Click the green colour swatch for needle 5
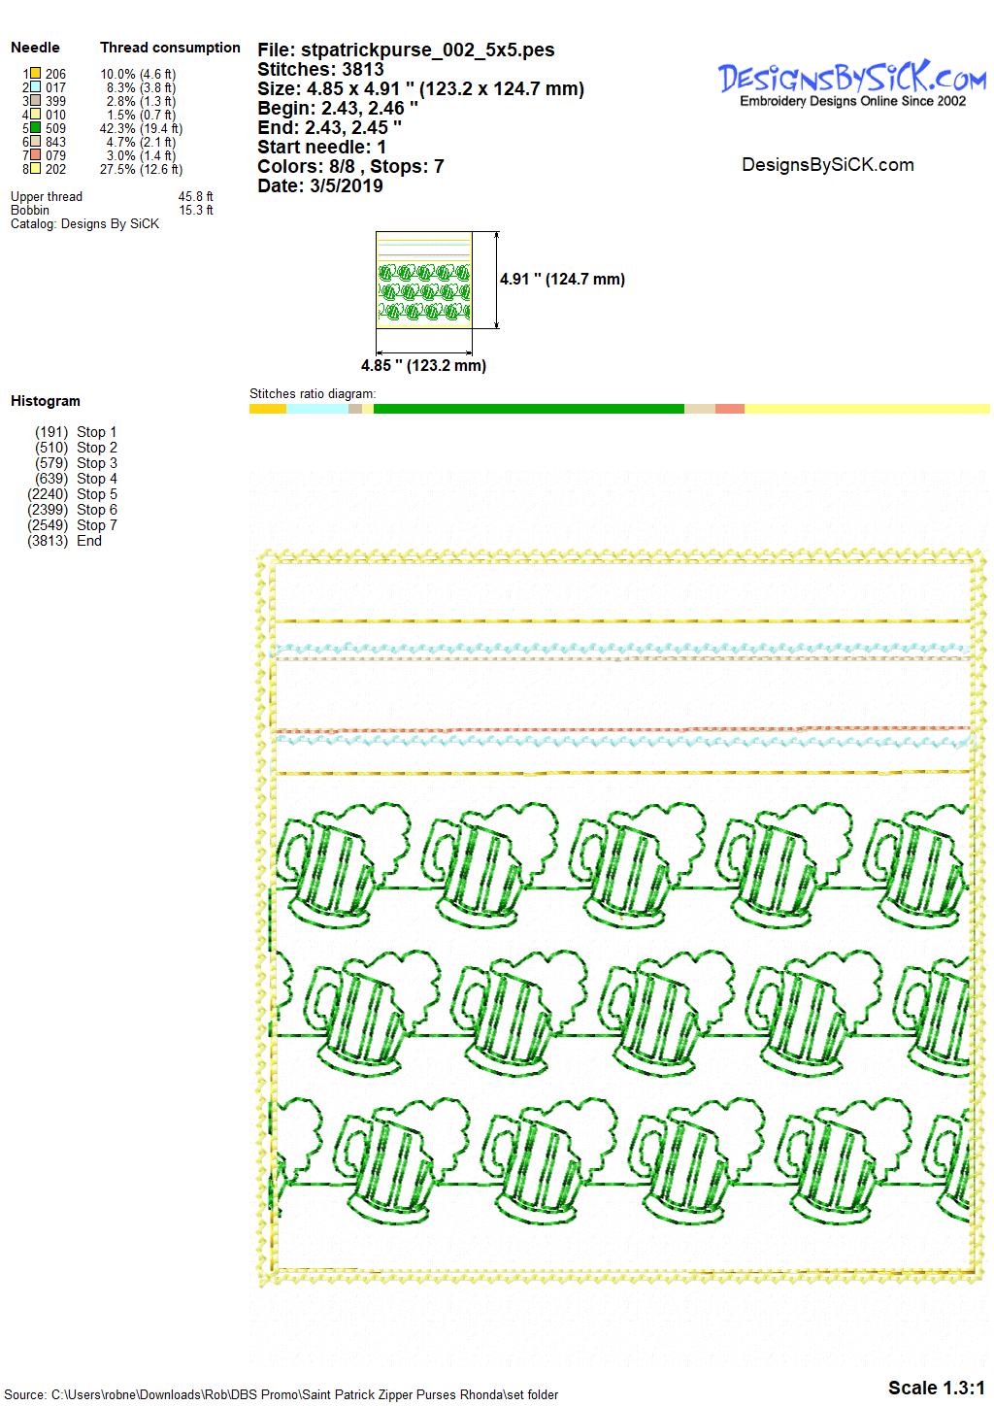36,128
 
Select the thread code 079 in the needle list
55,155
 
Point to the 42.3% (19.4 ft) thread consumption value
141,129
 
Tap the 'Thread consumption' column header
170,48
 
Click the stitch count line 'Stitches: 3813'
320,69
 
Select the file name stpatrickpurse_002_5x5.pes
428,50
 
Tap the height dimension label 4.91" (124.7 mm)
562,280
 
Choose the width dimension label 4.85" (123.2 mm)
423,365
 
